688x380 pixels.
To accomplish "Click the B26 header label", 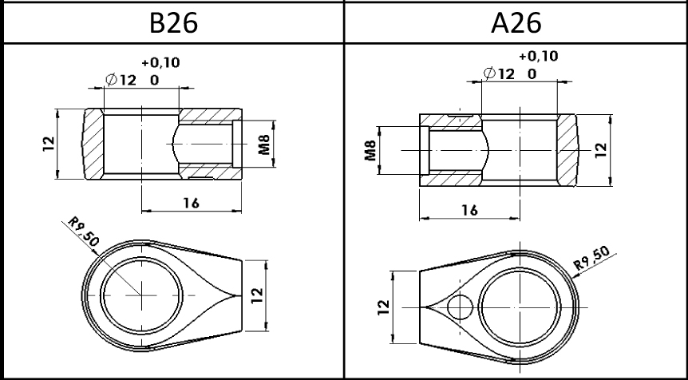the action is (x=174, y=23).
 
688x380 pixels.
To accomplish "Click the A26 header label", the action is (x=516, y=23).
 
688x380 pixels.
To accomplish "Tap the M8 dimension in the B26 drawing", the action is (x=264, y=144).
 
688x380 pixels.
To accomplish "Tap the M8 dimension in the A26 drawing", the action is (x=371, y=151).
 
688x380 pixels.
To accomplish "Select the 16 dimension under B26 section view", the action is (x=191, y=203).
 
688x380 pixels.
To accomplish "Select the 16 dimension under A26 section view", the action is (x=469, y=211).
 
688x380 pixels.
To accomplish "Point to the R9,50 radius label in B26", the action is (x=83, y=232).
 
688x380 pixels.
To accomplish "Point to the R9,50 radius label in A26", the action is (x=591, y=258).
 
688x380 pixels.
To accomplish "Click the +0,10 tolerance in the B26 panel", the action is (x=160, y=63).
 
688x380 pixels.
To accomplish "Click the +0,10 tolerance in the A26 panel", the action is (x=539, y=56).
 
